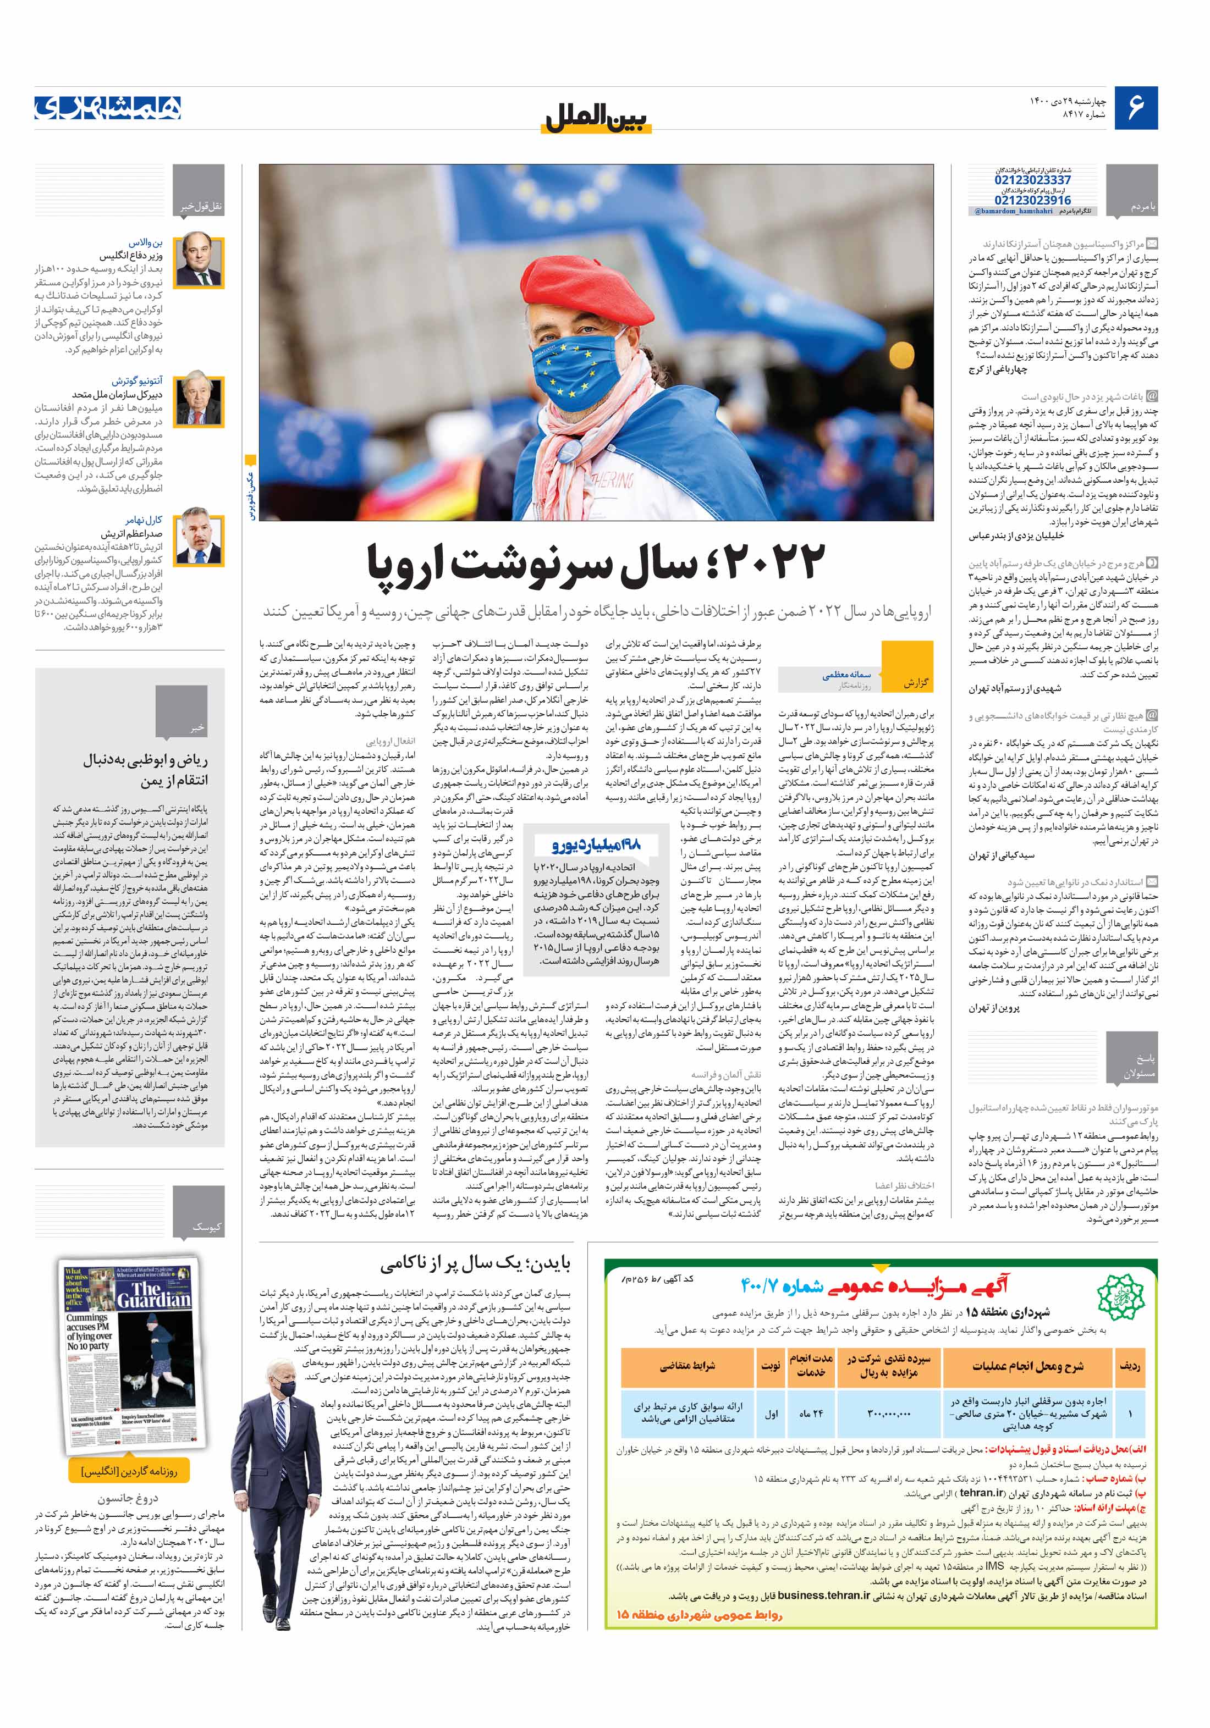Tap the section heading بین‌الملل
(x=595, y=119)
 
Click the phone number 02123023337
(x=1032, y=181)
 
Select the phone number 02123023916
(x=1032, y=200)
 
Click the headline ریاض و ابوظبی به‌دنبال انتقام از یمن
(x=146, y=769)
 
